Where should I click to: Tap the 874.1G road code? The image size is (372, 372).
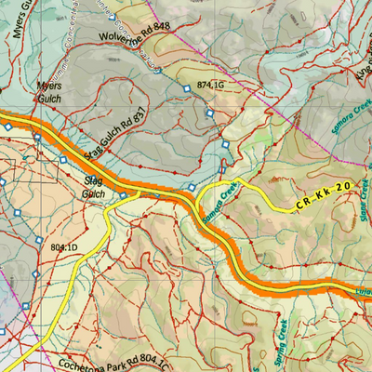pos(211,85)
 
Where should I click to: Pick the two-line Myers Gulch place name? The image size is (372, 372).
pos(49,91)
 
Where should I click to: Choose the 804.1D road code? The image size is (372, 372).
pos(64,246)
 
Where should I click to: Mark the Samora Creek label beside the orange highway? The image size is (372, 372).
pos(219,204)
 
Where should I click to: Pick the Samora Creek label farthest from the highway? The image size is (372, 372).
pos(352,116)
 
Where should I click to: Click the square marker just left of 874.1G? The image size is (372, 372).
pos(187,87)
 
